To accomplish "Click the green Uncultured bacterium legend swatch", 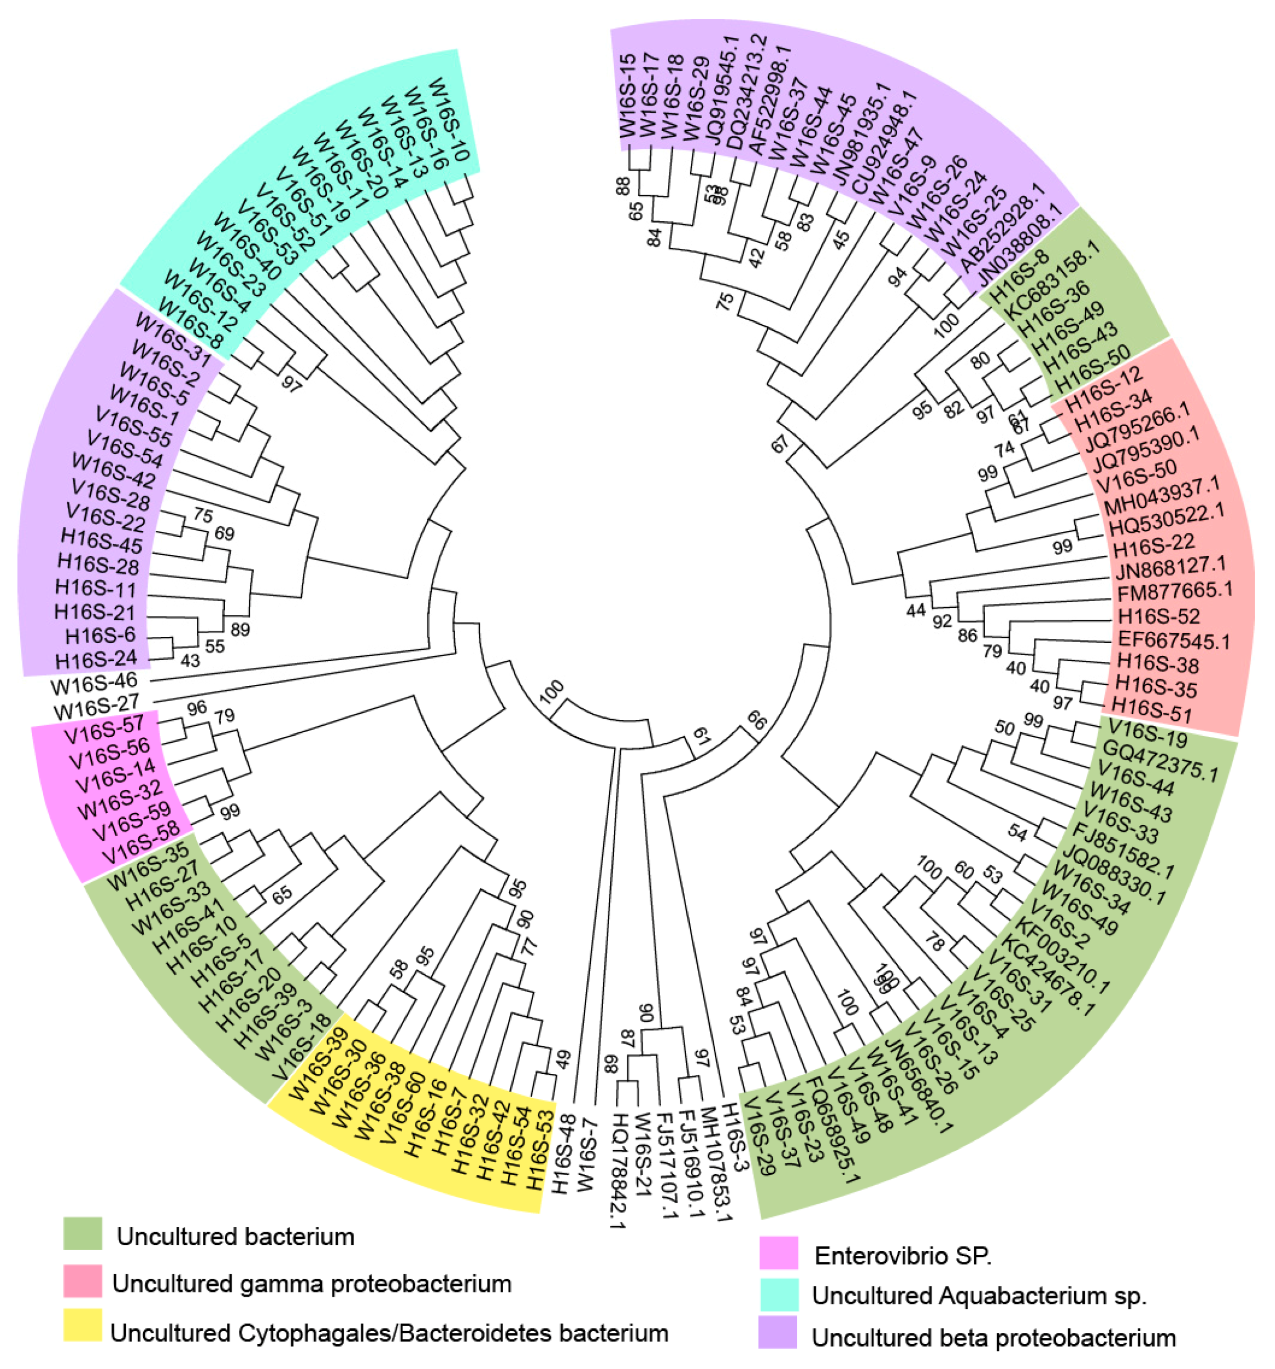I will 83,1233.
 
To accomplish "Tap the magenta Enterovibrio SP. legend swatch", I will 778,1253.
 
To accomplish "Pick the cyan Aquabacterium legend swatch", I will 778,1295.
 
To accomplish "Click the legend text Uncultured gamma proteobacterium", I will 312,1284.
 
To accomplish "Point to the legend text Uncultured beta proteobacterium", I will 994,1337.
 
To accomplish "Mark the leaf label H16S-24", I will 96,660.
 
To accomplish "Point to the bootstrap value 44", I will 915,610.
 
